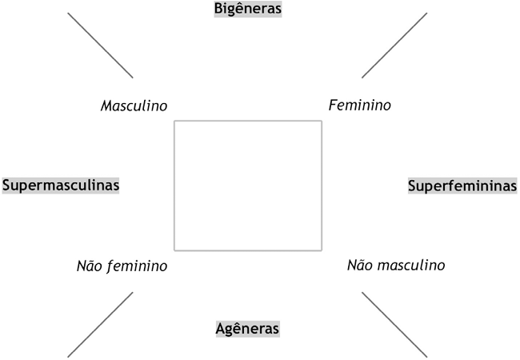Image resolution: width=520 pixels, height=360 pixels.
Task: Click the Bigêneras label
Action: [248, 9]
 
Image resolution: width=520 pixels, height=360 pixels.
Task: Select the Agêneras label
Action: [248, 328]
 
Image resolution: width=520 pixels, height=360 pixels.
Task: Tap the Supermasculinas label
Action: [62, 185]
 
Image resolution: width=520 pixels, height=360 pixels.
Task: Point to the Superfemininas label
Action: [462, 186]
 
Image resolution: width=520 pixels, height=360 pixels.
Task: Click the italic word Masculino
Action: [134, 106]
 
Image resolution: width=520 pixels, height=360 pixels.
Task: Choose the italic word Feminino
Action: [360, 105]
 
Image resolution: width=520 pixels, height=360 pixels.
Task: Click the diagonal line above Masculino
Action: [100, 45]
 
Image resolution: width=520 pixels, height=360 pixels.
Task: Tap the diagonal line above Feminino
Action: [394, 45]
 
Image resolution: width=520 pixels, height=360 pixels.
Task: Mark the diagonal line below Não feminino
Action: [100, 324]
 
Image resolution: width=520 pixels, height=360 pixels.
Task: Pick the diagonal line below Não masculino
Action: [394, 324]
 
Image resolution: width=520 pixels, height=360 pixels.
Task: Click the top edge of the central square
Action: [248, 121]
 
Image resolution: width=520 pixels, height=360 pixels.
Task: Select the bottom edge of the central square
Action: [248, 250]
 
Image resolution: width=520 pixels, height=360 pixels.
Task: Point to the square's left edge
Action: [174, 186]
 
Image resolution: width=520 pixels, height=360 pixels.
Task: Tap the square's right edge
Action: [322, 186]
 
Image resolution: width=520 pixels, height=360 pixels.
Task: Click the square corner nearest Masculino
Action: [174, 121]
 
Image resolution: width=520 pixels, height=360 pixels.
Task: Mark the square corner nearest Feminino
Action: [322, 121]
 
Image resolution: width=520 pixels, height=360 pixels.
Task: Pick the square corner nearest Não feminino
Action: [174, 250]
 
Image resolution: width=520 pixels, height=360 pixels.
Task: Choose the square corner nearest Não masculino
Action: [322, 250]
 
